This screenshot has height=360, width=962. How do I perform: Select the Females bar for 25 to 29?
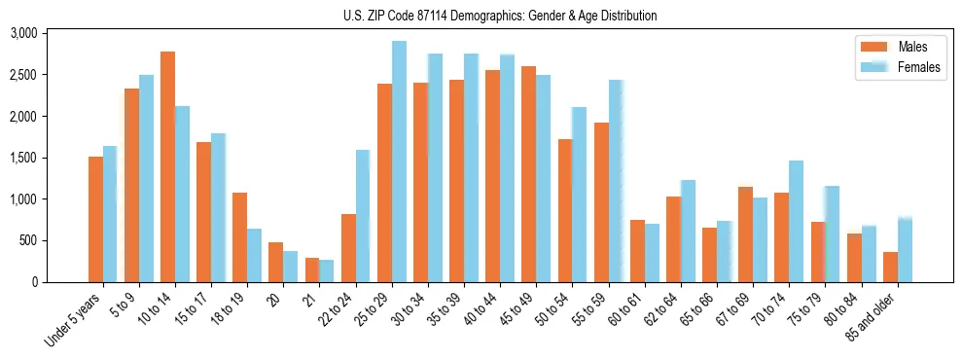(399, 162)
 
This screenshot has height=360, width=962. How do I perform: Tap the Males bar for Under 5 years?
(95, 219)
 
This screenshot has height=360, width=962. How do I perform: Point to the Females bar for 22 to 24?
(363, 216)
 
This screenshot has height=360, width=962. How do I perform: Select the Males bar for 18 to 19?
(239, 237)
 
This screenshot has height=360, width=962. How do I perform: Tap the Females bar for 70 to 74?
(797, 222)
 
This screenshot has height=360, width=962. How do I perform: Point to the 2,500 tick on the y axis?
(50, 75)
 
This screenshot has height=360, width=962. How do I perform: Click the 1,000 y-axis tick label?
(50, 199)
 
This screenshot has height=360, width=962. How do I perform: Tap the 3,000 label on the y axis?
(50, 33)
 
